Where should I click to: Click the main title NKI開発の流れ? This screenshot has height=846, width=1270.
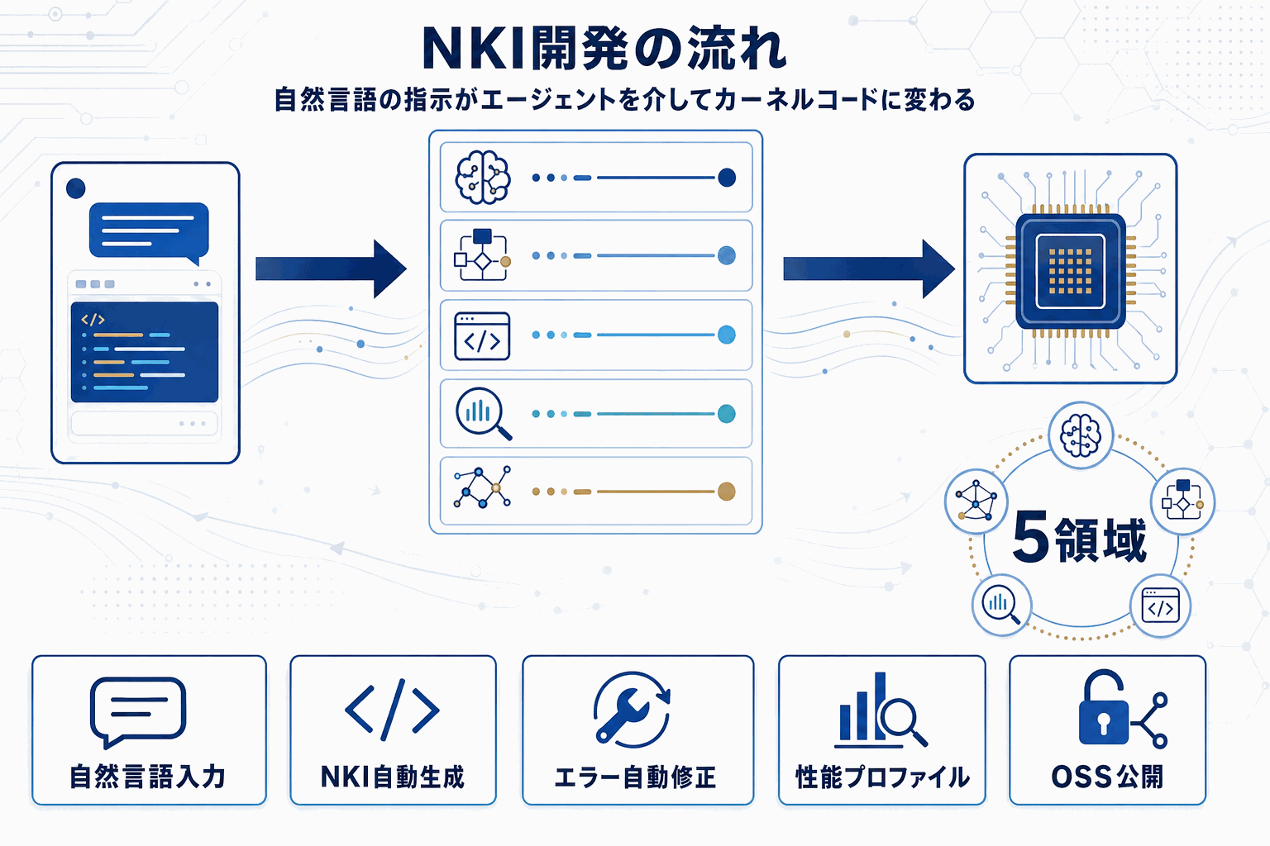pyautogui.click(x=604, y=50)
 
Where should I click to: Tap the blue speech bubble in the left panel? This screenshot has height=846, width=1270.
pyautogui.click(x=149, y=230)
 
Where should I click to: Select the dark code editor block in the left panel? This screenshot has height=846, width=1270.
pyautogui.click(x=145, y=352)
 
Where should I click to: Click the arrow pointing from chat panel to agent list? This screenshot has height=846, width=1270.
pyautogui.click(x=331, y=269)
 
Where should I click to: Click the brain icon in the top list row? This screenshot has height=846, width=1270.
pyautogui.click(x=483, y=178)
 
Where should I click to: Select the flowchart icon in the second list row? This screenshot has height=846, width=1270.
pyautogui.click(x=482, y=255)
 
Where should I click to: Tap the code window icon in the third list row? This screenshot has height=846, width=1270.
pyautogui.click(x=482, y=336)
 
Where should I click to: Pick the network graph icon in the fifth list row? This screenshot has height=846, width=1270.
pyautogui.click(x=482, y=487)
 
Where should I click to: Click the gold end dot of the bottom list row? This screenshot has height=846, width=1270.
pyautogui.click(x=726, y=492)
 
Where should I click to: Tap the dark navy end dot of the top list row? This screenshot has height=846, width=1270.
pyautogui.click(x=727, y=178)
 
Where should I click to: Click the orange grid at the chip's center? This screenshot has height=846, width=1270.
pyautogui.click(x=1070, y=271)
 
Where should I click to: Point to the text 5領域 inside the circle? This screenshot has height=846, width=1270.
pyautogui.click(x=1079, y=539)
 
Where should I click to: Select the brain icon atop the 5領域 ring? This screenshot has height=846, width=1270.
pyautogui.click(x=1080, y=435)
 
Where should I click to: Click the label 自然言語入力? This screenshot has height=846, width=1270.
pyautogui.click(x=148, y=777)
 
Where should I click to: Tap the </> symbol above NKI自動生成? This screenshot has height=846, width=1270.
pyautogui.click(x=392, y=710)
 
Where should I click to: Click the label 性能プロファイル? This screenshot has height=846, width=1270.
pyautogui.click(x=881, y=777)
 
